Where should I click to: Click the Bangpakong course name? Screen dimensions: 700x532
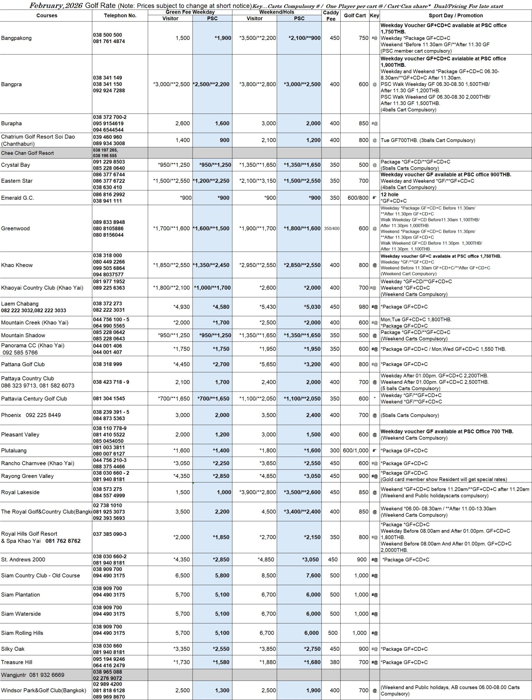[16, 38]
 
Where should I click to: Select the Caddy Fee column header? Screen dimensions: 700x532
[331, 16]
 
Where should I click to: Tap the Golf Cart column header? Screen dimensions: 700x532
[355, 16]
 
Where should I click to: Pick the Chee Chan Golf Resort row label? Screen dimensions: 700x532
[28, 153]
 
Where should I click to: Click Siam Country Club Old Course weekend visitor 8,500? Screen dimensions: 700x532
[268, 576]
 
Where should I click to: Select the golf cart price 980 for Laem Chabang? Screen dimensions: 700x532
[364, 307]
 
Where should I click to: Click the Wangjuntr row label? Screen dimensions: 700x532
[14, 675]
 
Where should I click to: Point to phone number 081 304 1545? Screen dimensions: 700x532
[109, 398]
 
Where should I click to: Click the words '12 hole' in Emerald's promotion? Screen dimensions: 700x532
[390, 194]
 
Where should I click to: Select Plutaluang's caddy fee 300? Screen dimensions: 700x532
[334, 450]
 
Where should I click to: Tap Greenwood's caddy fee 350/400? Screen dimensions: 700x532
[332, 228]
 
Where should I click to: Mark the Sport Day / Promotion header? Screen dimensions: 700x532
[456, 16]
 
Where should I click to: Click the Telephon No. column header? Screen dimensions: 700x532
[120, 16]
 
